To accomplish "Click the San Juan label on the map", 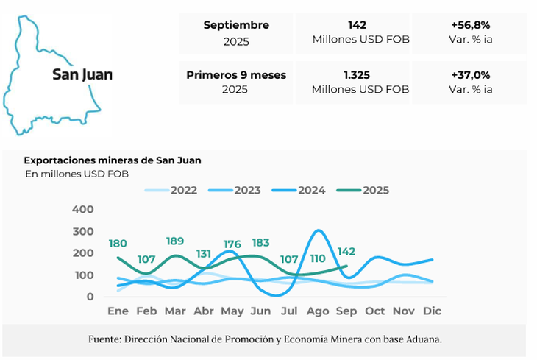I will coord(82,74).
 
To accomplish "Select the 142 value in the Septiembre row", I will coord(360,25).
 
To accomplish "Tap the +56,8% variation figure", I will coord(471,25).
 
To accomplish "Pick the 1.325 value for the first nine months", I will coord(360,75).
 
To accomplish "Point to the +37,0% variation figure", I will coord(471,75).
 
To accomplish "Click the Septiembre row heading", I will coord(236,25).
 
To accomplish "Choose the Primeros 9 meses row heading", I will coord(236,75).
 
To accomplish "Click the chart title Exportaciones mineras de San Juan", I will coord(113,160).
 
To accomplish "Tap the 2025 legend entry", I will coord(375,190).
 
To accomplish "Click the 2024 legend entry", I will coord(311,190).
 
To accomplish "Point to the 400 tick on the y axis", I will coord(83,210).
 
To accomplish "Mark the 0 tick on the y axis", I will coord(90,297).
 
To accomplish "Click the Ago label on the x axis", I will coord(318,311).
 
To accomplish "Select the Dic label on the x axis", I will coord(433,311).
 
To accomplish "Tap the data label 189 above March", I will coord(175,241).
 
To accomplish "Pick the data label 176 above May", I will coord(232,244).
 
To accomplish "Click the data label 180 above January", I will coord(118,244).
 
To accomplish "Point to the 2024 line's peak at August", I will coord(318,231).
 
